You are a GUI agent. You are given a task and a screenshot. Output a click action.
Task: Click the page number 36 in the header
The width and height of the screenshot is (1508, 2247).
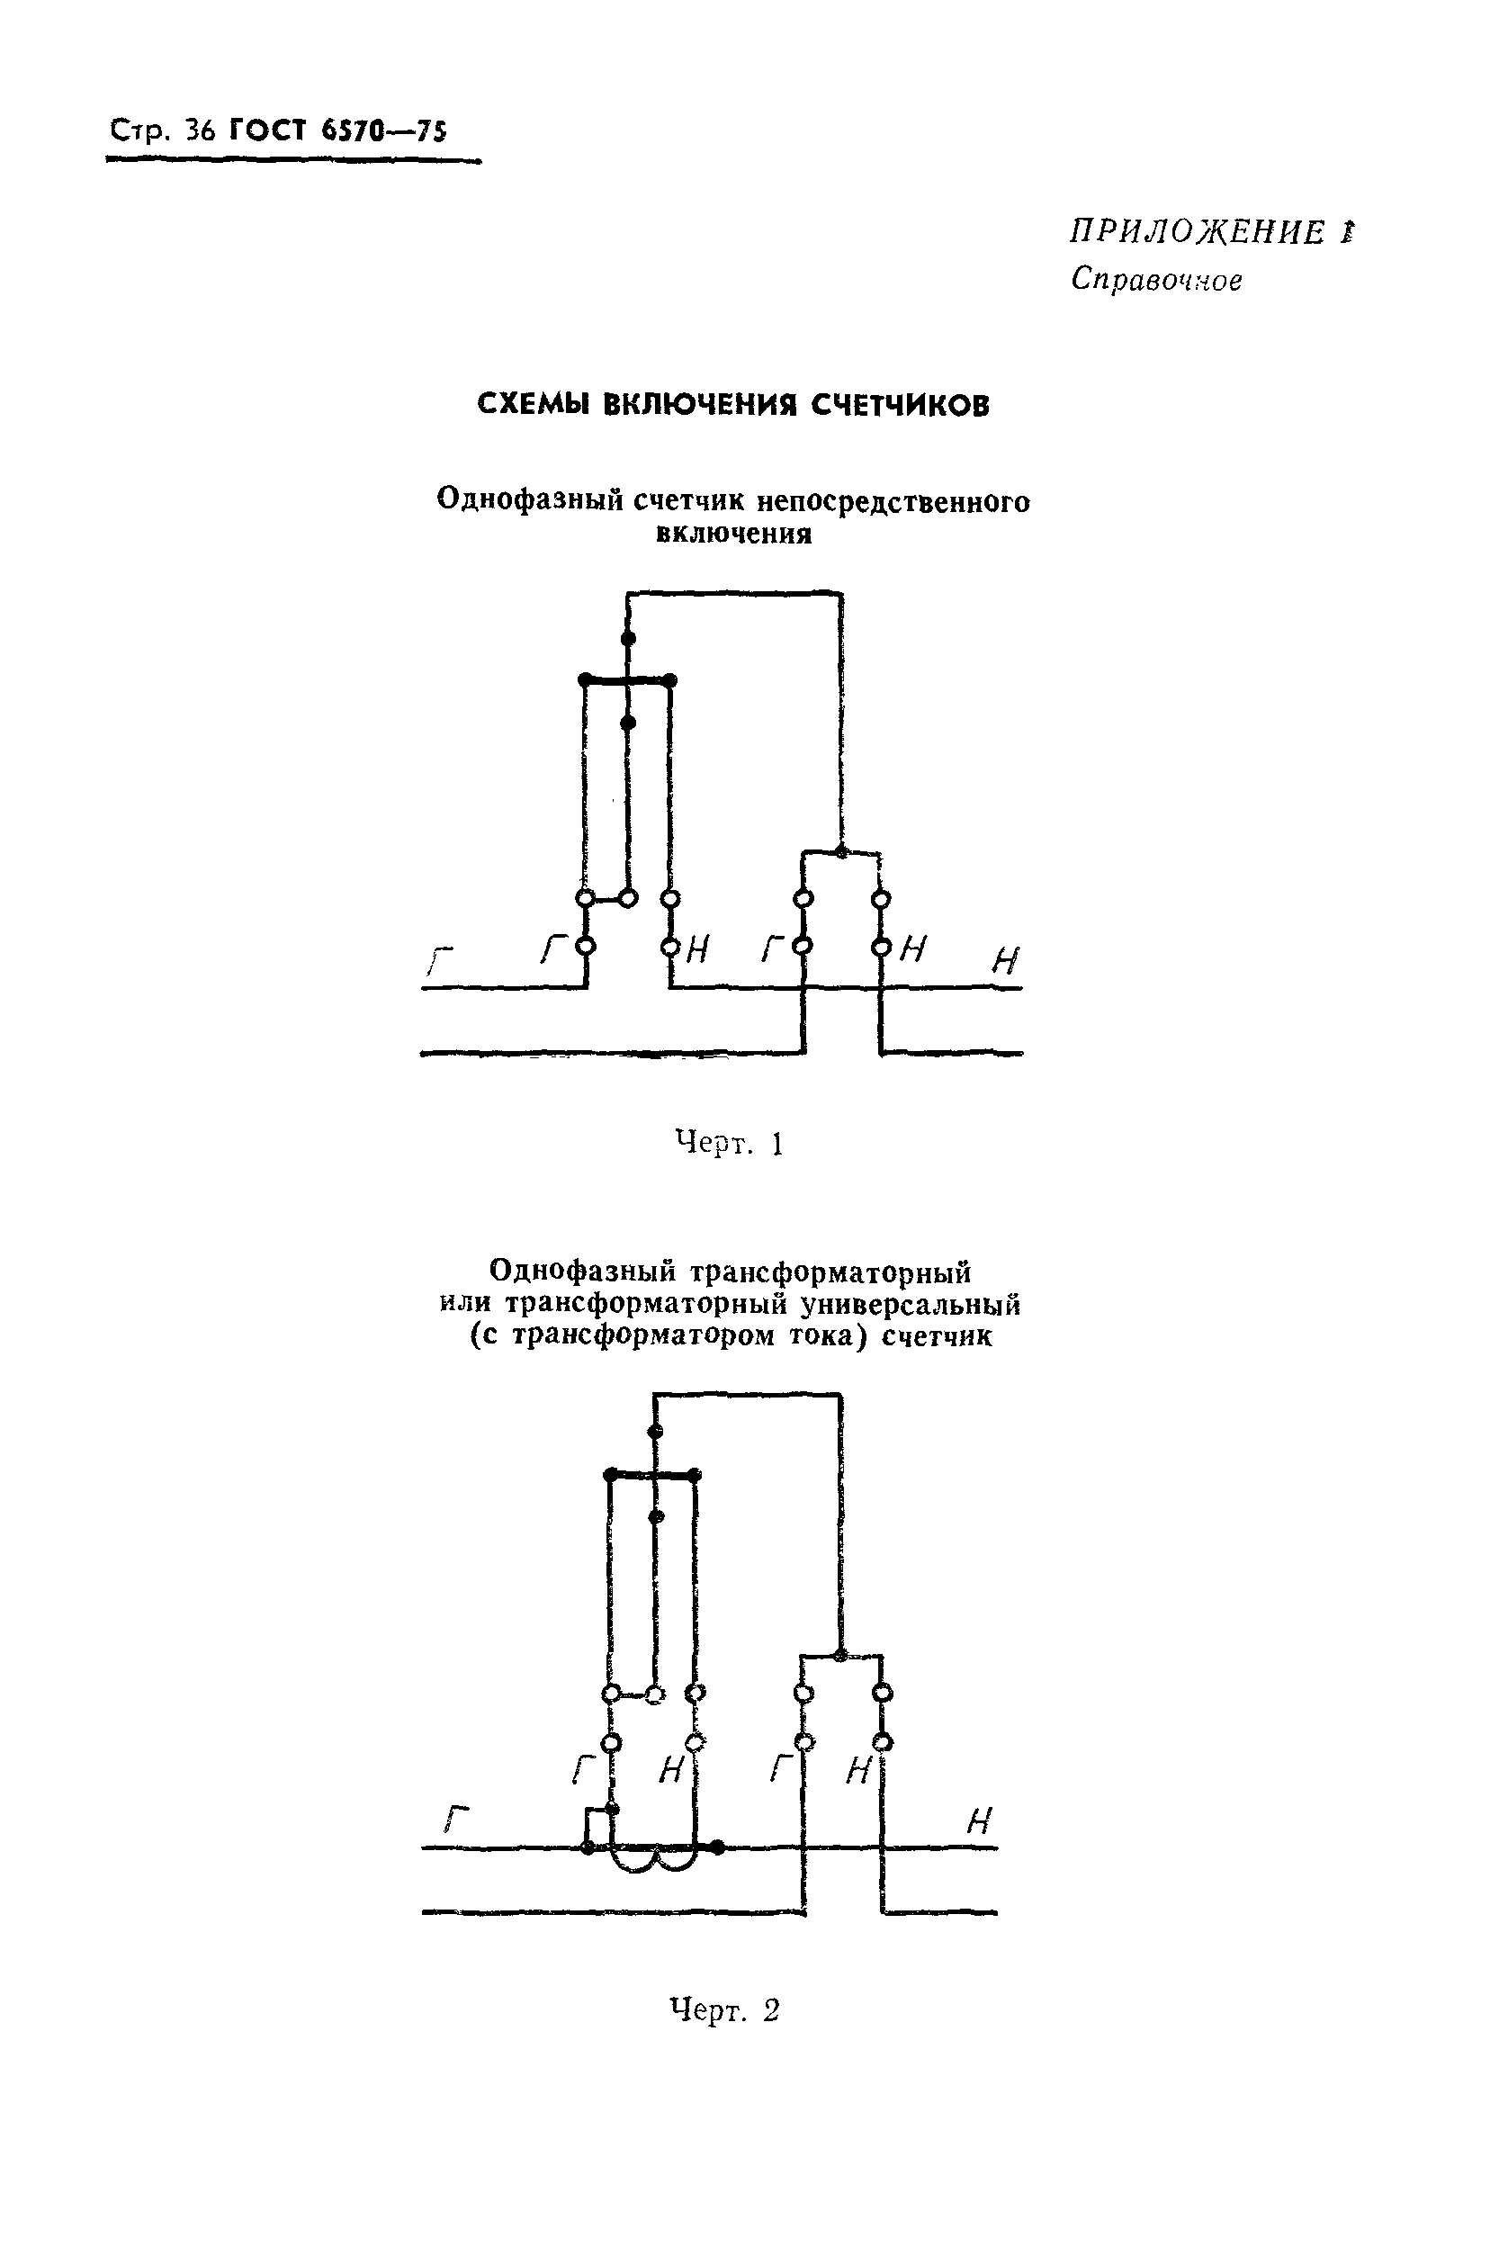coord(201,130)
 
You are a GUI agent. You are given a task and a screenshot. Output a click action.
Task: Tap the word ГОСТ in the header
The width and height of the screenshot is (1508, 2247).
coord(268,130)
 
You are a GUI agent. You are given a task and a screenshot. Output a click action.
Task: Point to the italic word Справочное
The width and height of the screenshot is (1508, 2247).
coord(1156,280)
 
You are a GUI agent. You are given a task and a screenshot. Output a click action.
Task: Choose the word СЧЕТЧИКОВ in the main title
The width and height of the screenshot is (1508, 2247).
coord(899,405)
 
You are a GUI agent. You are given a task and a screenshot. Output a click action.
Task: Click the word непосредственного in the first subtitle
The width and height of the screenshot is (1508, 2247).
coord(893,501)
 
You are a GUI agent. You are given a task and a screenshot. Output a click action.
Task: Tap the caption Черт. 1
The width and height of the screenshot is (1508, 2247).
coord(729,1144)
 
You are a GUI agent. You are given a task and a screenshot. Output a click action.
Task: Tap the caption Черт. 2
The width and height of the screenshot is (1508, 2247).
coord(723,2010)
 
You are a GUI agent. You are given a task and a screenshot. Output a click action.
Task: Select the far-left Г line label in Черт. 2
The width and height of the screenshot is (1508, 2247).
coord(456,1819)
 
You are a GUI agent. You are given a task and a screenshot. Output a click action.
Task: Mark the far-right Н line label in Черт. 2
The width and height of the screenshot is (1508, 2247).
coord(978,1820)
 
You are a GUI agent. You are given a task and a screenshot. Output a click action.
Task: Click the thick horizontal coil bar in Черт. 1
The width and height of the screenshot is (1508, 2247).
coord(627,681)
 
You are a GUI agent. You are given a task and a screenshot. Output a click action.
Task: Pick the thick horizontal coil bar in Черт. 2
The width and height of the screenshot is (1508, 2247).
coord(653,1475)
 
